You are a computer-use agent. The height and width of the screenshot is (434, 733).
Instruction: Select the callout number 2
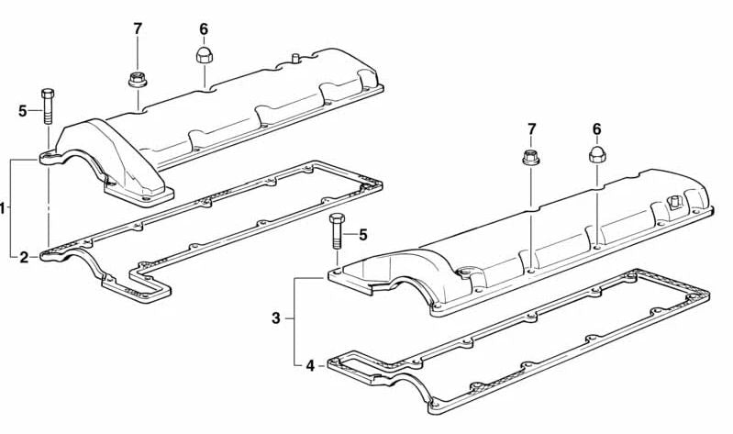pos(24,257)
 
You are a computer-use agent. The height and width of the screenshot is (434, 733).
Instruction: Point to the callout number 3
pos(276,319)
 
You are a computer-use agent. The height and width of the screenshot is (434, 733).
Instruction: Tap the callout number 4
pos(310,365)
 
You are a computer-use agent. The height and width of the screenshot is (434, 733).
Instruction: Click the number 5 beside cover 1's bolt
pos(23,111)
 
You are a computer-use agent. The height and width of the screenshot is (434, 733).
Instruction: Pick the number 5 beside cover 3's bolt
pos(362,235)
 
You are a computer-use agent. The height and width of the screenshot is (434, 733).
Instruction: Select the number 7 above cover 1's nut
pos(138,28)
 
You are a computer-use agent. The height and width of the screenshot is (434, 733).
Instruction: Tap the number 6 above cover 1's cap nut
pos(204,28)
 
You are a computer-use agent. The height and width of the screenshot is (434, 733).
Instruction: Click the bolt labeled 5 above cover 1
pos(47,106)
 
